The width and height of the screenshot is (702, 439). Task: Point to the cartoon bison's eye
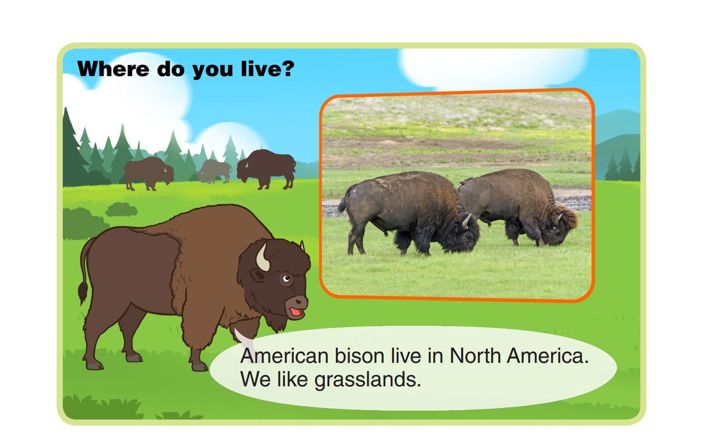286,278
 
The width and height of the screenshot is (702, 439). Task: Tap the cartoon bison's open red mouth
296,312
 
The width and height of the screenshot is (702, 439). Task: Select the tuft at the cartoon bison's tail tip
83,293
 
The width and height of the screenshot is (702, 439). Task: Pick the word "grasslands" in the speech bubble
367,379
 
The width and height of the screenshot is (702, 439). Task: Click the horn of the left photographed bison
467,220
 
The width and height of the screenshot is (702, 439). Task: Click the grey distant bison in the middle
214,171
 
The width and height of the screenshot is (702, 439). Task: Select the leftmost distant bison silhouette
148,173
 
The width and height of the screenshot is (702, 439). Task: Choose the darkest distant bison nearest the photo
266,168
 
